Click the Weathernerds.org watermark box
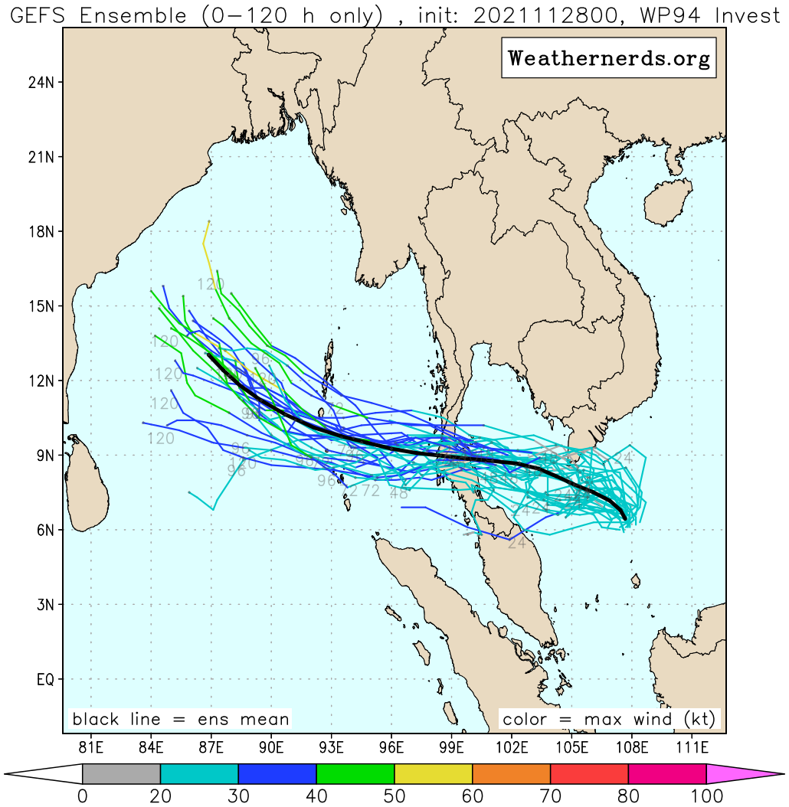[x=609, y=58]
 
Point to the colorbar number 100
[x=706, y=796]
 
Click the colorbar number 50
[x=394, y=796]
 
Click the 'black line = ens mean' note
[x=181, y=719]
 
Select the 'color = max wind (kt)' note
[x=609, y=719]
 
